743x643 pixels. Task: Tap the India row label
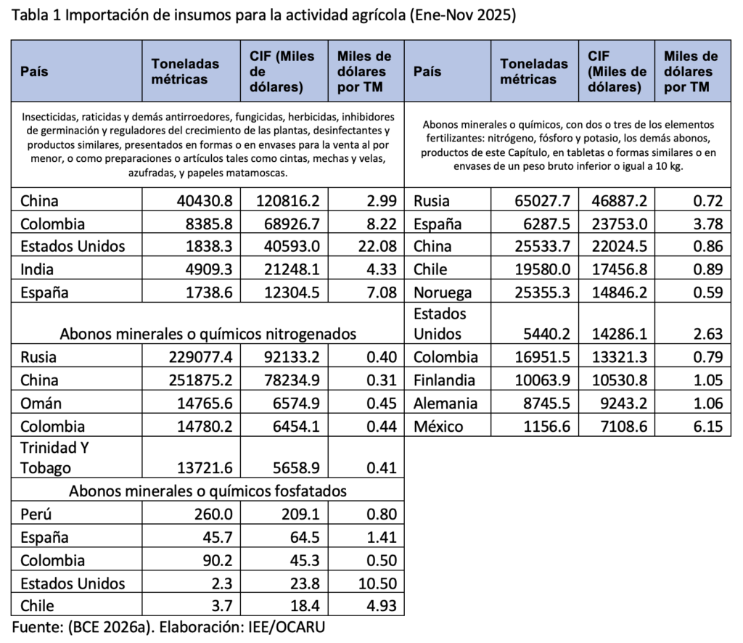click(37, 269)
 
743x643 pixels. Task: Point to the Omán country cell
click(41, 403)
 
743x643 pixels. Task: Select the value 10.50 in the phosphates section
click(379, 583)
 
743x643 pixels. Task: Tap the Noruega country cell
click(443, 292)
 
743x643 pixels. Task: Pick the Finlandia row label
click(444, 380)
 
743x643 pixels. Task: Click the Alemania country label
click(446, 403)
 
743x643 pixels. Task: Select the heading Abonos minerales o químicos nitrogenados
click(208, 334)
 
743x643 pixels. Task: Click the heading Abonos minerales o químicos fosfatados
click(208, 491)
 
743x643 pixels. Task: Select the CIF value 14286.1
click(617, 334)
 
